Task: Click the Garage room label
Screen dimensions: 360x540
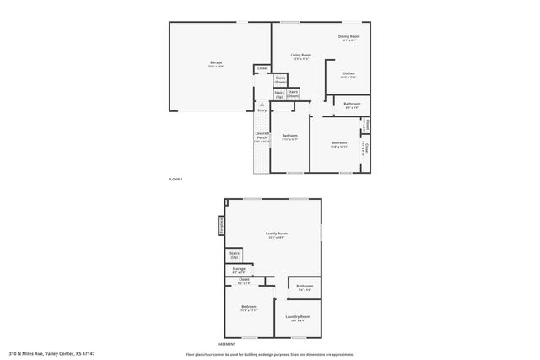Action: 216,63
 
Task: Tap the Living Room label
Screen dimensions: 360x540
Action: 290,56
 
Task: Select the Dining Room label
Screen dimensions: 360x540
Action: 349,36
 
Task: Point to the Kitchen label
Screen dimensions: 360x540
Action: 348,73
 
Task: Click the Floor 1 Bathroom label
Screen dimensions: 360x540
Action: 352,104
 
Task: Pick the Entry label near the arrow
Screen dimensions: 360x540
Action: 262,110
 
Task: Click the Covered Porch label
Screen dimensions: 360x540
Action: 262,137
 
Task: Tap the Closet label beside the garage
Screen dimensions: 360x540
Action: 262,68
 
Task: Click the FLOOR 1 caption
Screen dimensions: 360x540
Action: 175,180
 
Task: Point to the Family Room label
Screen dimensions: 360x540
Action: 276,234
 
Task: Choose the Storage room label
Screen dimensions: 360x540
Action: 239,269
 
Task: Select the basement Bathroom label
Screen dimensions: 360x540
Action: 305,287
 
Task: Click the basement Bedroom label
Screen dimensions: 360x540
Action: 249,307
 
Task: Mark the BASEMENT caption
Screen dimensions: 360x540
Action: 226,344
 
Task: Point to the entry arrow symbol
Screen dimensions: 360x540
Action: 262,104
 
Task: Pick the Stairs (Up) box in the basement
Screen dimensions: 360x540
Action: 234,254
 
